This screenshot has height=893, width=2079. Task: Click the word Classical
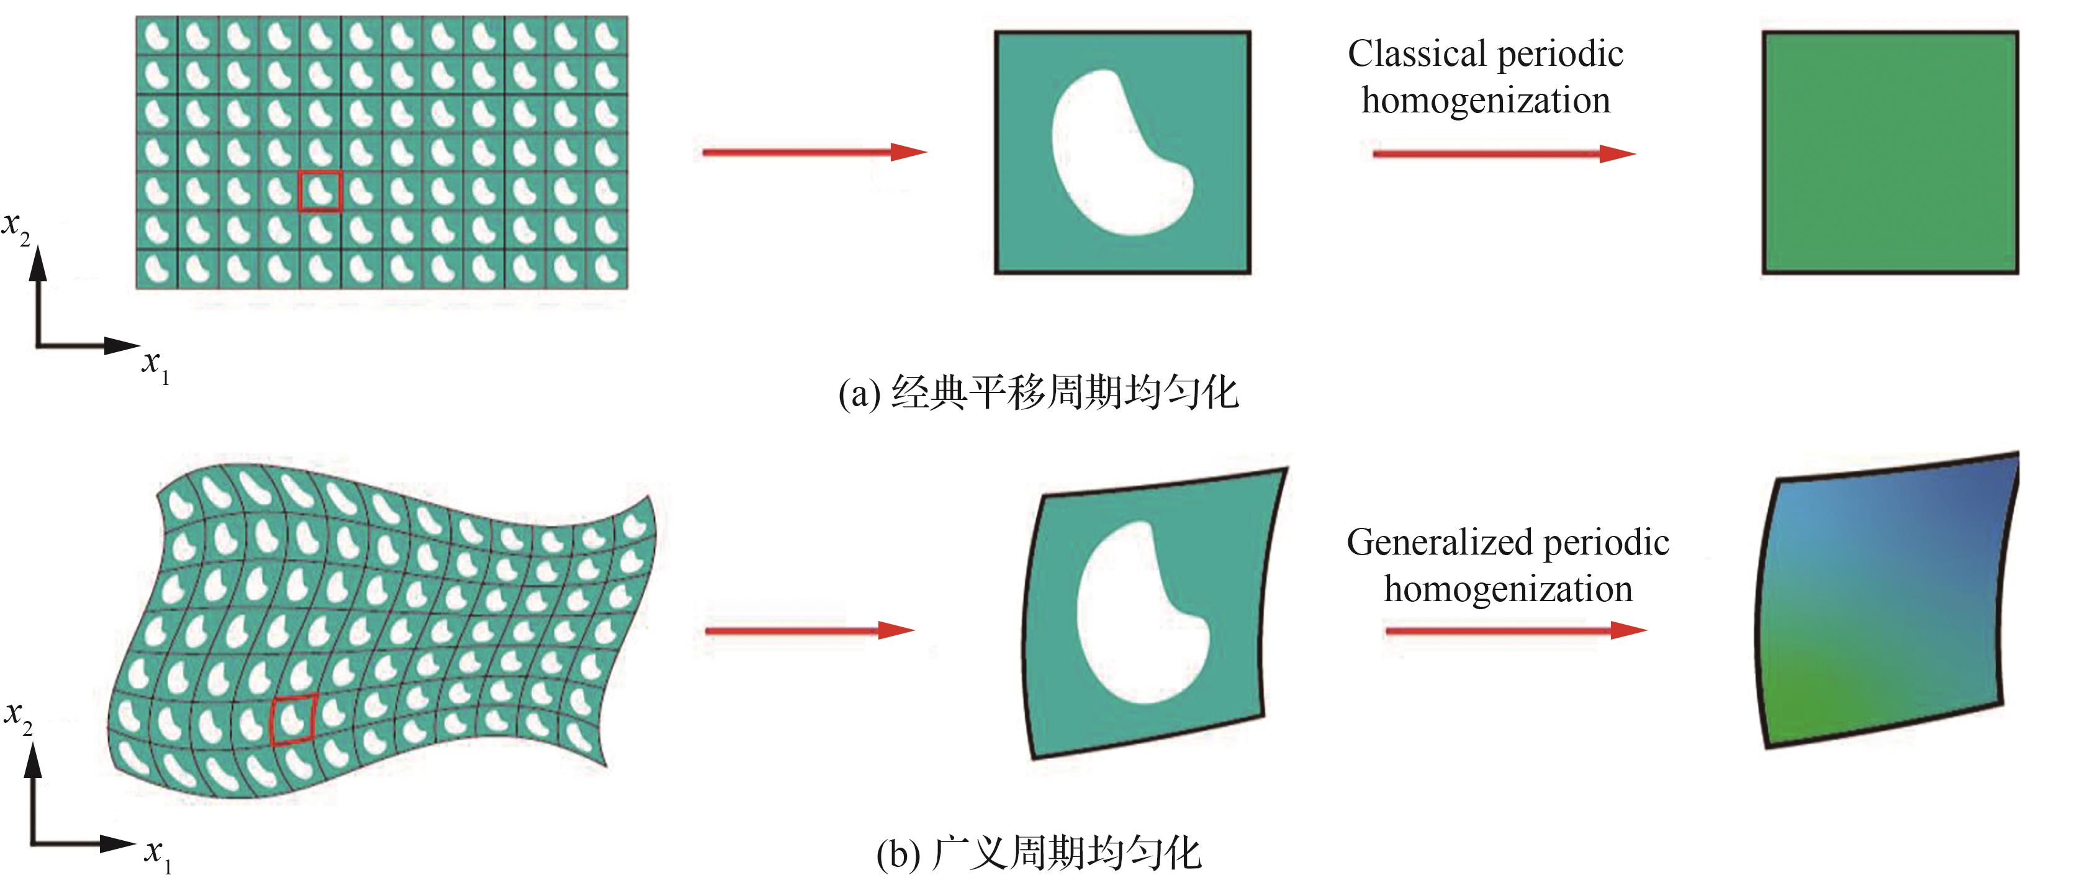pyautogui.click(x=1417, y=55)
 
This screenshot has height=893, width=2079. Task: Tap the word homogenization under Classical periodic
pyautogui.click(x=1486, y=101)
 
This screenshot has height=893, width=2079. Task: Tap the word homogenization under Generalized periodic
pyautogui.click(x=1508, y=589)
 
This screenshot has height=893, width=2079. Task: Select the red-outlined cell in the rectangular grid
pyautogui.click(x=320, y=191)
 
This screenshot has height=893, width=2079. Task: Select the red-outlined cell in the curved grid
pyautogui.click(x=293, y=718)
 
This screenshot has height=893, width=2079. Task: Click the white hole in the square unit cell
pyautogui.click(x=1118, y=153)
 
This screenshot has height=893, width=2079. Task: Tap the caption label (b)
pyautogui.click(x=898, y=855)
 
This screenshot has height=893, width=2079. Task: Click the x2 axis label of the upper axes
pyautogui.click(x=16, y=226)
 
